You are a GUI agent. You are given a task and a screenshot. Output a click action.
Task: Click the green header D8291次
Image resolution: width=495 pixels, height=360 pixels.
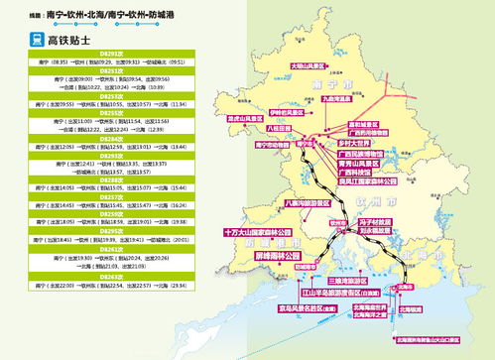point(111,52)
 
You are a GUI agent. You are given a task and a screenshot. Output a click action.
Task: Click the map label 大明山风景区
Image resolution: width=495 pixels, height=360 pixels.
point(309,66)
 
